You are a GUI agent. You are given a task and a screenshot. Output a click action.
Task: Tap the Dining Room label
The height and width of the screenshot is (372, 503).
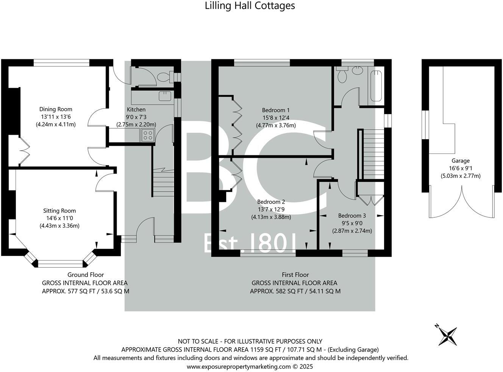[56, 109]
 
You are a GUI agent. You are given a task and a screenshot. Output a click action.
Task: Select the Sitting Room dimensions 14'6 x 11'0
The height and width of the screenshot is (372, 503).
[59, 218]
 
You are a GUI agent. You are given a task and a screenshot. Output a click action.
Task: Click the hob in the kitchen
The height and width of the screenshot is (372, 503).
[148, 135]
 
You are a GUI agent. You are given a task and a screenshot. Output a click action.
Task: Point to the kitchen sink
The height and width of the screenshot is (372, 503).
[165, 96]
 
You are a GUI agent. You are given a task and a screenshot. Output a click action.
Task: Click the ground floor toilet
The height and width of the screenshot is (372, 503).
[164, 77]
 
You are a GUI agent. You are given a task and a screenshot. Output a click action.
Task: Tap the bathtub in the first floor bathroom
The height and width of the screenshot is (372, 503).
[376, 85]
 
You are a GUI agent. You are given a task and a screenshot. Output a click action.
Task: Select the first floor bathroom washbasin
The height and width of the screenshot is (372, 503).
[357, 70]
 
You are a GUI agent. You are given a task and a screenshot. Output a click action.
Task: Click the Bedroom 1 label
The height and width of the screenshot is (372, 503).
[276, 110]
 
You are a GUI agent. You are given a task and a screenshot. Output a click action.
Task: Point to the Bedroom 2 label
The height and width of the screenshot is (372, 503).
[271, 202]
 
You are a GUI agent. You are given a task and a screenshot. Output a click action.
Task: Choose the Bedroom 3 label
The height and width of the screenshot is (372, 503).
[352, 215]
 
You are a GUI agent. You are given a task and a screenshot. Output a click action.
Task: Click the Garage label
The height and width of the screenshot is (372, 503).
[460, 161]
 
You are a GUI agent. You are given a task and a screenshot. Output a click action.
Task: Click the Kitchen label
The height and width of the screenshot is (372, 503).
[136, 109]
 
